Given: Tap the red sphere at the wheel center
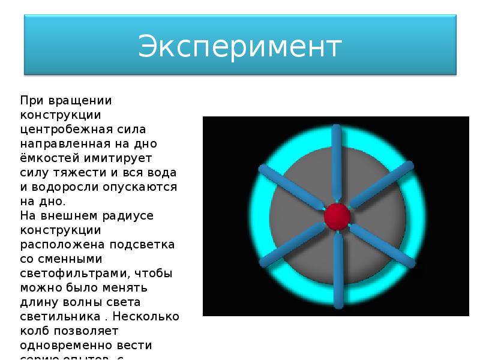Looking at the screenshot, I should click(337, 215).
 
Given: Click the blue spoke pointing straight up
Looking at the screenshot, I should click(337, 162).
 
